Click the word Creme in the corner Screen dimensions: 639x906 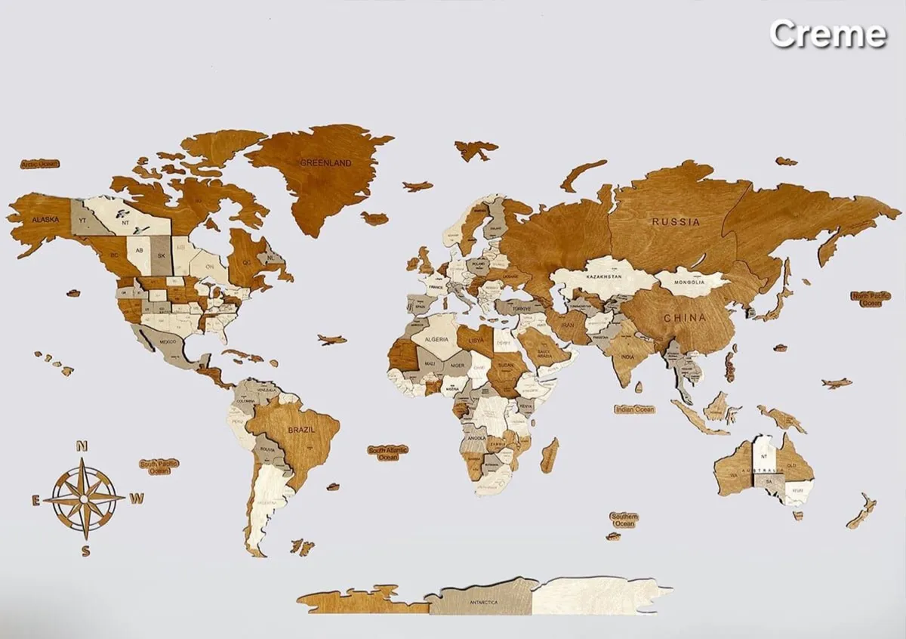827,34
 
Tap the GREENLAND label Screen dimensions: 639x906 326,162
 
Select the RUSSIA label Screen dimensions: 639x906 676,222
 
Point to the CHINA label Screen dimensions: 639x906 685,318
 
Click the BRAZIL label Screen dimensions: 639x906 301,429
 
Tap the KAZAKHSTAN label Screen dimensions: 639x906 600,277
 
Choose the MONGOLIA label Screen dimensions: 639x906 690,282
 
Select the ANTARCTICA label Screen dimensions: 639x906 483,602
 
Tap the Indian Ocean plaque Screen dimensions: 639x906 634,409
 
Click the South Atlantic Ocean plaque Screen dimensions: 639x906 388,453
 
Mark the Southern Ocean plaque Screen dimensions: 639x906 624,520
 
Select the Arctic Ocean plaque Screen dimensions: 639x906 39,164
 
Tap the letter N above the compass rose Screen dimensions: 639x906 84,446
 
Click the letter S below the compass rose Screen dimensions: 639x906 86,551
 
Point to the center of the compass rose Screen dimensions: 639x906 85,498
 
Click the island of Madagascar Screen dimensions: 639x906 550,455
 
